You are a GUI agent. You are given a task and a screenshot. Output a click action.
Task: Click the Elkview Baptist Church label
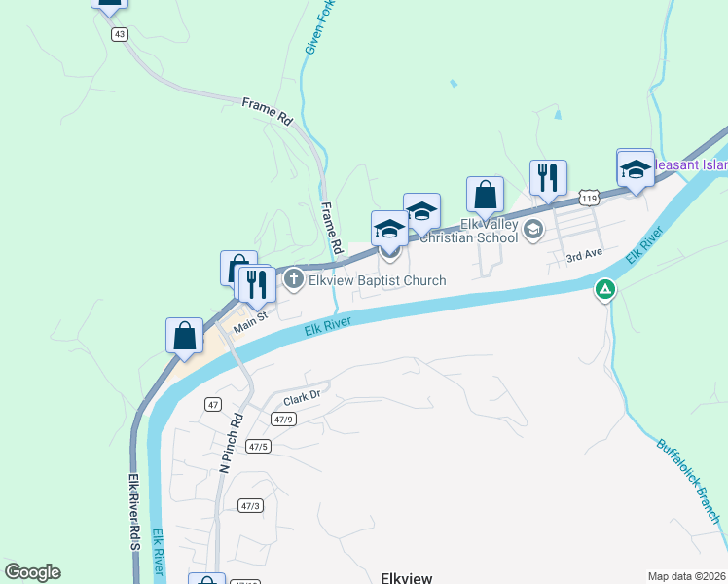377,280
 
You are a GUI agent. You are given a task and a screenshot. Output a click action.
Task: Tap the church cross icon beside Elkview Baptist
294,280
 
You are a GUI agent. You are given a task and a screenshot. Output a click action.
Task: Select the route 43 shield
120,34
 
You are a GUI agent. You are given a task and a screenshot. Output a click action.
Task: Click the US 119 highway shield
588,198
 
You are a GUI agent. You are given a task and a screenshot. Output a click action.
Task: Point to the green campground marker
605,288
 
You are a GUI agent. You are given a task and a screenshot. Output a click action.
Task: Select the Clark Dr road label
302,398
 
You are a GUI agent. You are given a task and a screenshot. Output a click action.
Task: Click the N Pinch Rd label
231,441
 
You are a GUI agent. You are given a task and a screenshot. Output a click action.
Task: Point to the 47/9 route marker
283,420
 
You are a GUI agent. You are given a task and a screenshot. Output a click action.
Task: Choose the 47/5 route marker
257,447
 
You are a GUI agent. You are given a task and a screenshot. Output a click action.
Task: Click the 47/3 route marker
250,505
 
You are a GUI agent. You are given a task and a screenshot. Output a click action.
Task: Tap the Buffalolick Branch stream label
687,478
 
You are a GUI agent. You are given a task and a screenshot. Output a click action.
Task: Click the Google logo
33,572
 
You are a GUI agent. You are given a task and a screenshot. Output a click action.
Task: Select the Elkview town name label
407,577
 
